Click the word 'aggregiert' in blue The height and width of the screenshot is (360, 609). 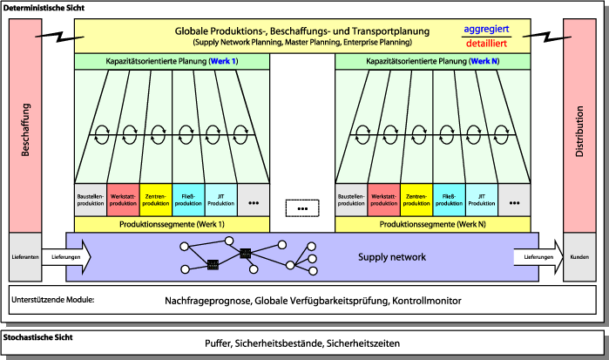coord(486,28)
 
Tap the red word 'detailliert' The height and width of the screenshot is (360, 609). coord(486,43)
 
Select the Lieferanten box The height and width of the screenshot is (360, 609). coord(25,257)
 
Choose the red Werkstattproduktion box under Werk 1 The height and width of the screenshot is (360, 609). coord(123,200)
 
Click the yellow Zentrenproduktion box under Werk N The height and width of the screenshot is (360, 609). coord(416,200)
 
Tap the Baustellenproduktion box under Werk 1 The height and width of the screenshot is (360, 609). coord(90,200)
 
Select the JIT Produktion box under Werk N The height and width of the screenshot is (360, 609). coord(482,200)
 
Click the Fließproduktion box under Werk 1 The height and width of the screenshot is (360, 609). coord(188,200)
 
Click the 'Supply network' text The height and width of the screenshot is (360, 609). coord(392,258)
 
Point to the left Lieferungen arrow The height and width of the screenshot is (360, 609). coord(66,257)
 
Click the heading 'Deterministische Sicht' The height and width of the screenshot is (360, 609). coord(43,7)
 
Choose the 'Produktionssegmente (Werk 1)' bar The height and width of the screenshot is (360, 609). coord(173,224)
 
